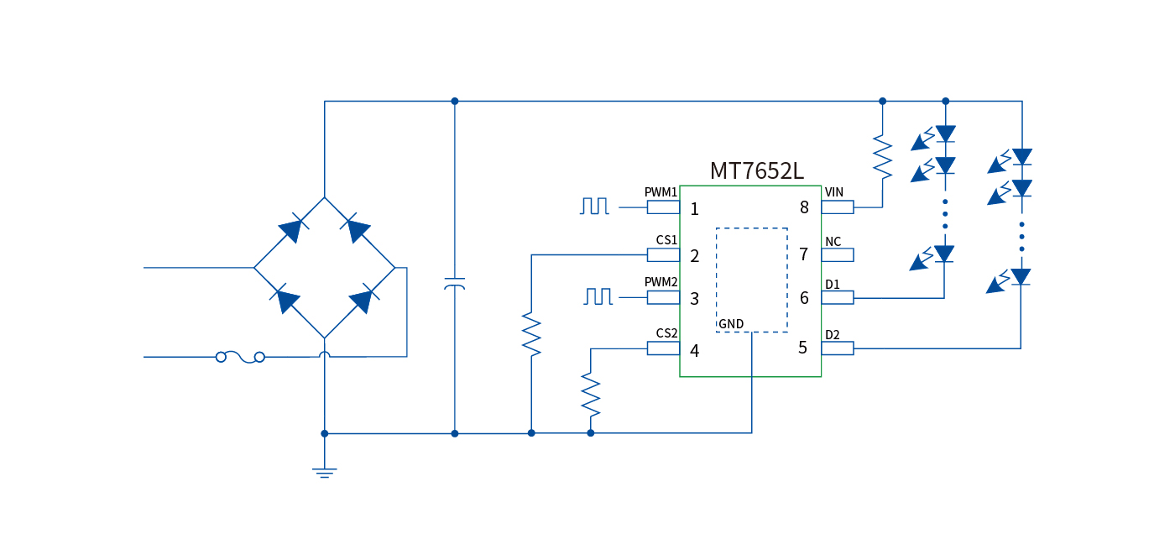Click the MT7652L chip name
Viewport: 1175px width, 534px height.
(x=756, y=171)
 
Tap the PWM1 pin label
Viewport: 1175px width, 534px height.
(x=661, y=192)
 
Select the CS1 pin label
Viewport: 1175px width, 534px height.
(x=666, y=240)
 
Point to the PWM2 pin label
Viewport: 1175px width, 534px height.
(x=661, y=282)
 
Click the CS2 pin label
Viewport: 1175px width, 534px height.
(x=666, y=333)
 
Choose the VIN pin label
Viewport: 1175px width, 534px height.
(x=834, y=192)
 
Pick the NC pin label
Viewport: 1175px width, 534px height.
(x=833, y=242)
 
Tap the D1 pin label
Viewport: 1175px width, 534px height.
(x=832, y=285)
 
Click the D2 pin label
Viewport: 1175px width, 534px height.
(x=832, y=335)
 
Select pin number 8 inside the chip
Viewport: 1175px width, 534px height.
(x=804, y=207)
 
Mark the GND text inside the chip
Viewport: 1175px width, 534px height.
(x=731, y=324)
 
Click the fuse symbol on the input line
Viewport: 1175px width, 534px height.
(x=240, y=357)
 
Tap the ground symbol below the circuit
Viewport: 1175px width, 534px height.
(x=325, y=472)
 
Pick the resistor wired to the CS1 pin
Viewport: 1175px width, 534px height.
(x=531, y=333)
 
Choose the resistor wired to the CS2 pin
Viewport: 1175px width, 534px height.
(x=591, y=393)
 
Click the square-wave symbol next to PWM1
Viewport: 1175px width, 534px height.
(x=594, y=206)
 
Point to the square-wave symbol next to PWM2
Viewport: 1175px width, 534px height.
(x=599, y=296)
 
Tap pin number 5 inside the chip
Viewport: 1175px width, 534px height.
(x=803, y=348)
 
